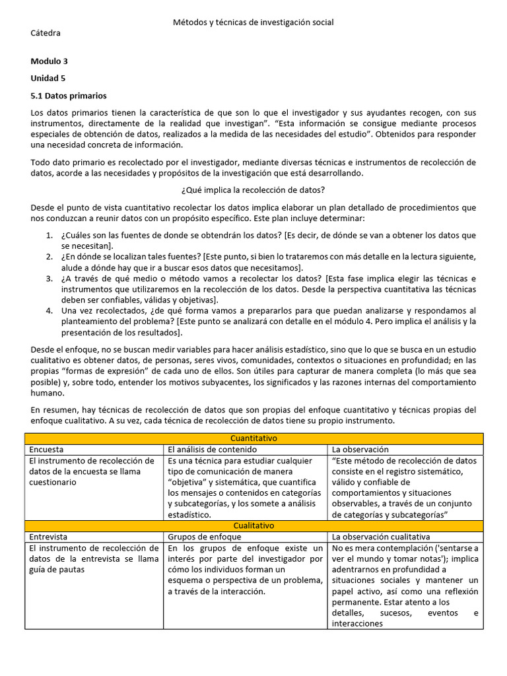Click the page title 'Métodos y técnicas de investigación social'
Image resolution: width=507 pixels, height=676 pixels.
point(253,22)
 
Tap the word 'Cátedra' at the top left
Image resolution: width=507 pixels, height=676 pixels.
point(46,33)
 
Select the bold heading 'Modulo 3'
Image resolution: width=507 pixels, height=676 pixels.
point(50,61)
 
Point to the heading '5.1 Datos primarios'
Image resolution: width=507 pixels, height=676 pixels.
point(69,96)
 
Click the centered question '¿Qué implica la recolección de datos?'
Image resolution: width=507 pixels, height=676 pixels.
point(253,190)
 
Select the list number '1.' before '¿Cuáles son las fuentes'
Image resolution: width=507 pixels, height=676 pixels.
point(50,236)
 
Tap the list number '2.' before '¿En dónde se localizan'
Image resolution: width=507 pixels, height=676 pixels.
point(50,256)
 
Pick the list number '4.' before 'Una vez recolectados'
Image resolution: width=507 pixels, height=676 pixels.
point(50,310)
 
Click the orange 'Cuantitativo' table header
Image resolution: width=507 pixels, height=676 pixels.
point(253,438)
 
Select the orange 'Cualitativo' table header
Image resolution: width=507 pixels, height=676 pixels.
point(253,525)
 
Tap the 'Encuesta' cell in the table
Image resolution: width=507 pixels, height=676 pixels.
point(46,449)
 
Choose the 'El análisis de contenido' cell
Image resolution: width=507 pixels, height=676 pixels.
point(208,449)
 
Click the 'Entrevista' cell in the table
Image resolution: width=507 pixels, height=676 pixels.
point(48,537)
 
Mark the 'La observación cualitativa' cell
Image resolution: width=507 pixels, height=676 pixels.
point(381,537)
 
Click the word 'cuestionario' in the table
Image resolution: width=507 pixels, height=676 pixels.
point(53,482)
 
